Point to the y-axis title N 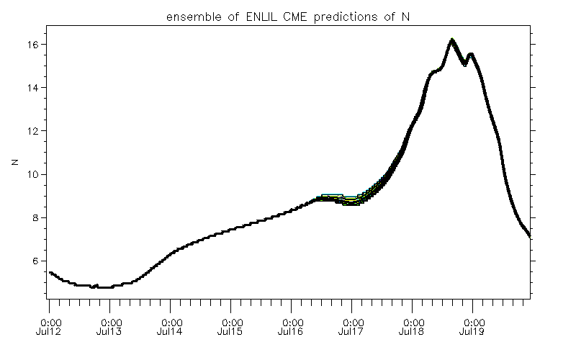pyautogui.click(x=14, y=163)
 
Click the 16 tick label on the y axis pyautogui.click(x=32, y=45)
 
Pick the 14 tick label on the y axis pyautogui.click(x=32, y=88)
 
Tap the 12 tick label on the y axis pyautogui.click(x=32, y=131)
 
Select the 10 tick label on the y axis pyautogui.click(x=32, y=174)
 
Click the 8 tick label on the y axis pyautogui.click(x=35, y=217)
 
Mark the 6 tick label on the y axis pyautogui.click(x=35, y=261)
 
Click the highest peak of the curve pyautogui.click(x=451, y=40)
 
